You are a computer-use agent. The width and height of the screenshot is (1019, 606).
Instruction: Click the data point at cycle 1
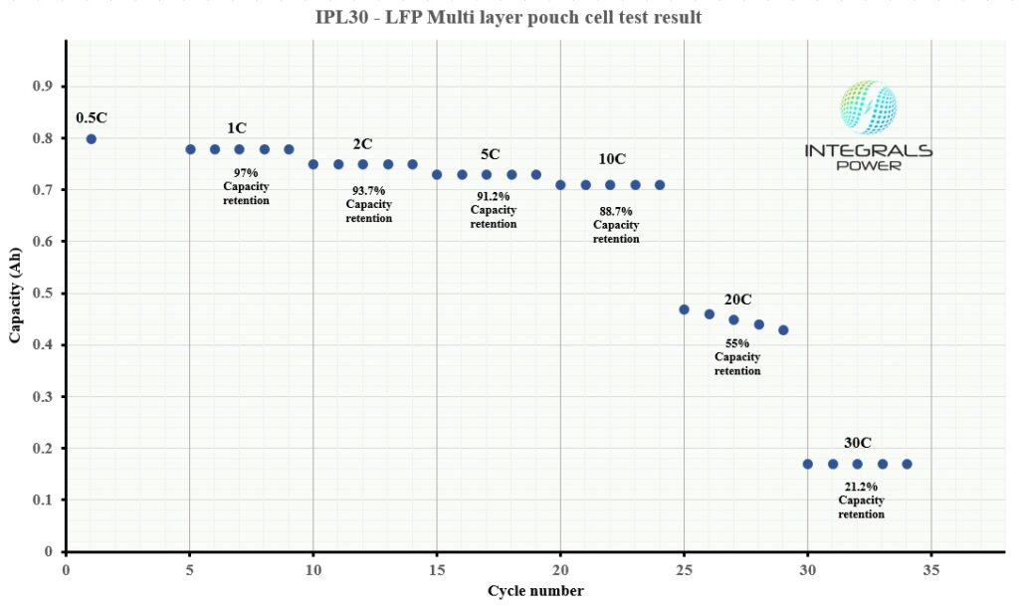(x=91, y=138)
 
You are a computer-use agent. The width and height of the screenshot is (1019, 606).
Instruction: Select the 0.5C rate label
(x=91, y=117)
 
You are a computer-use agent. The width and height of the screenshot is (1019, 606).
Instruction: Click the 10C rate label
(x=612, y=159)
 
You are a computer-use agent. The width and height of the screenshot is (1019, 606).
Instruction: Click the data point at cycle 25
(x=684, y=309)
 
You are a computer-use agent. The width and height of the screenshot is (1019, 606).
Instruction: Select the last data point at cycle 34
(x=907, y=464)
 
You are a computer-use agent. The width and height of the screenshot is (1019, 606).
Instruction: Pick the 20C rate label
(x=737, y=300)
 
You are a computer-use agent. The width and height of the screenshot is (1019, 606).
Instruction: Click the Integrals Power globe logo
(x=868, y=106)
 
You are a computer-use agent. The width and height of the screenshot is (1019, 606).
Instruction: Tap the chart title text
(x=509, y=18)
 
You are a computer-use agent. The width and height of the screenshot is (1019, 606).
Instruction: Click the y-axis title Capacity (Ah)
(x=16, y=295)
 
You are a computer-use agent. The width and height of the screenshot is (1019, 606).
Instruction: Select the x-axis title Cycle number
(x=535, y=591)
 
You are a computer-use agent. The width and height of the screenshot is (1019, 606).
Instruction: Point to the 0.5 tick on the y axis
(x=42, y=294)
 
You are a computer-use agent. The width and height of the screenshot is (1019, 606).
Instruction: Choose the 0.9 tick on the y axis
(x=42, y=87)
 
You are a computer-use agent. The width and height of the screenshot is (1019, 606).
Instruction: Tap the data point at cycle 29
(x=783, y=329)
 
